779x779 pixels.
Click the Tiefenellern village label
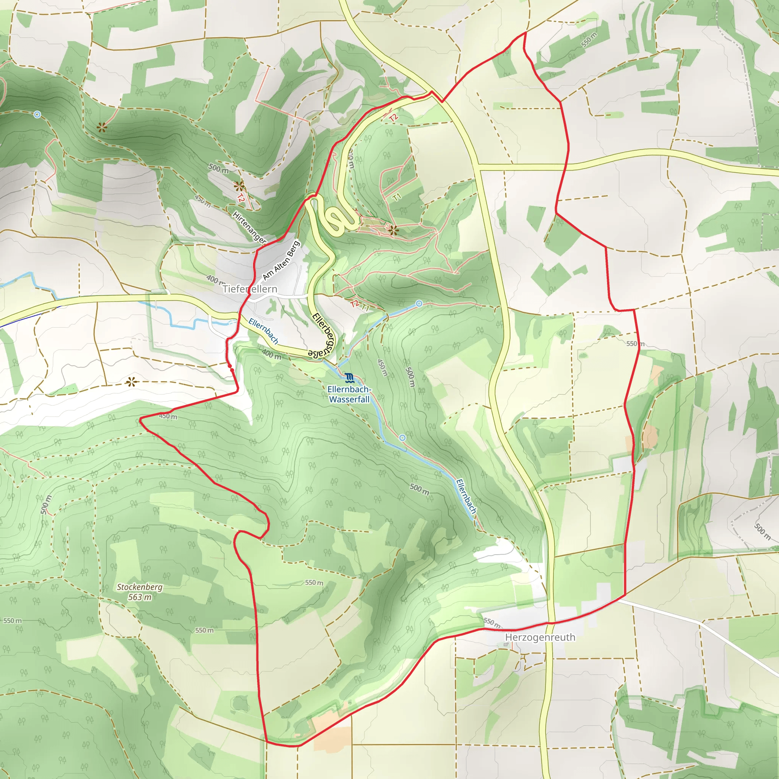(x=250, y=289)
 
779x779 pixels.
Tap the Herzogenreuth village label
(x=540, y=637)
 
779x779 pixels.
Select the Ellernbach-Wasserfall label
(x=349, y=394)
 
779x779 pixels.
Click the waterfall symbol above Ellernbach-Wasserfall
(x=349, y=378)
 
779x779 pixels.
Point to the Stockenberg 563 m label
(x=140, y=592)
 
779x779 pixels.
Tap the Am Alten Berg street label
(x=281, y=261)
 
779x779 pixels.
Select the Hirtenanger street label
(x=249, y=227)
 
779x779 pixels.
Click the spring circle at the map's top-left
(x=37, y=114)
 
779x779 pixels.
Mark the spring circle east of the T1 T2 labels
(x=419, y=303)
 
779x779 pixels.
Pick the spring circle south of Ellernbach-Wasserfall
(x=402, y=437)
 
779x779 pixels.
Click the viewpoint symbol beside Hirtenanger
(x=240, y=186)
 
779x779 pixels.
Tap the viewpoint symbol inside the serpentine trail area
(x=393, y=231)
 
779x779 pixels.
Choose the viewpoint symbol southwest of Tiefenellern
(x=131, y=382)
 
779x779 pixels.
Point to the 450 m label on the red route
(x=168, y=416)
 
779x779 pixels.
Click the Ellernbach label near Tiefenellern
(x=263, y=331)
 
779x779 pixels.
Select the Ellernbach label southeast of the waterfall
(x=466, y=496)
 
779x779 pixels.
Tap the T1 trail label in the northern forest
(x=397, y=197)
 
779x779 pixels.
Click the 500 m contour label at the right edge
(x=762, y=531)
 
